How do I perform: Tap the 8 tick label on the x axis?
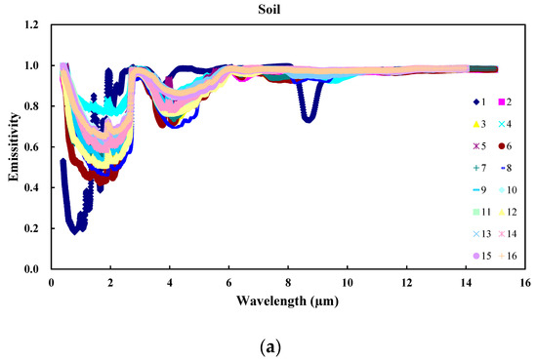point(287,282)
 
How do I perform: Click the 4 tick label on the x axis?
point(169,282)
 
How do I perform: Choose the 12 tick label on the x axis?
point(405,282)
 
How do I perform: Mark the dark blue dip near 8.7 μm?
point(308,116)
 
